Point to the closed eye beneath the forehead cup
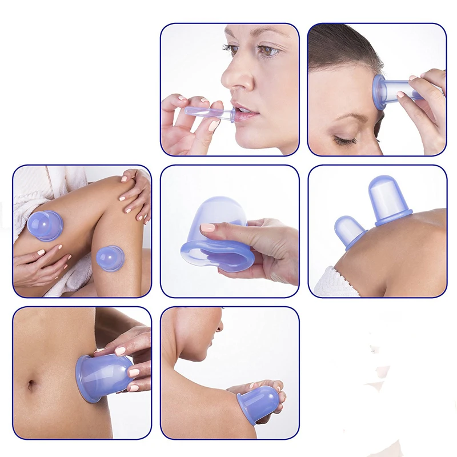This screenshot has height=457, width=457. pos(346,139)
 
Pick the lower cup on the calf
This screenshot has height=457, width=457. pos(110,258)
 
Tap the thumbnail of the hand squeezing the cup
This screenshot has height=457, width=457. pos(207,228)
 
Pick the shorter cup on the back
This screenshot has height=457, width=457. pos(350,231)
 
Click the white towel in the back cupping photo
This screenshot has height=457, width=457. pos(331,283)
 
